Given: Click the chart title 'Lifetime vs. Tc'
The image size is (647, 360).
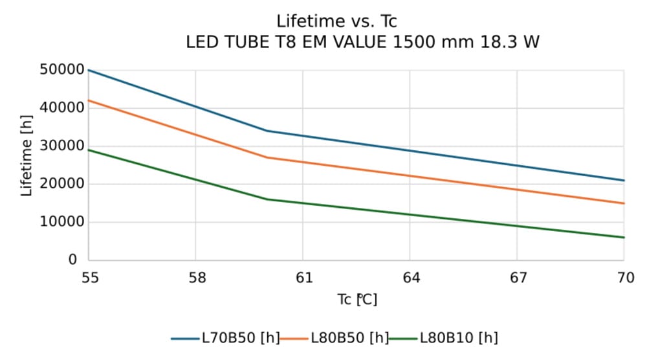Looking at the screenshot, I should click(x=336, y=21).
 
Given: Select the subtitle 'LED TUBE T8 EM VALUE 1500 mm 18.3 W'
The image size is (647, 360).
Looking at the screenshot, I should click(x=362, y=43).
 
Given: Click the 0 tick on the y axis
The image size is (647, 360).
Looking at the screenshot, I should click(x=72, y=260).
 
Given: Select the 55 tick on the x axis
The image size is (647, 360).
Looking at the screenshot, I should click(x=89, y=278).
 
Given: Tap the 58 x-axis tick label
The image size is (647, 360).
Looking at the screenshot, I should click(x=197, y=278).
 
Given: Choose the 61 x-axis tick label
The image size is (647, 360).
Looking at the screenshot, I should click(x=303, y=278).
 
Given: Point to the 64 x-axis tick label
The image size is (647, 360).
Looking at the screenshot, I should click(x=411, y=278).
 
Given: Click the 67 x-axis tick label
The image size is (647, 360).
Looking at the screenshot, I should click(x=518, y=278).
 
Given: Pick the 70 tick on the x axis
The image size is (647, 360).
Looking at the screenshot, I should click(x=624, y=278).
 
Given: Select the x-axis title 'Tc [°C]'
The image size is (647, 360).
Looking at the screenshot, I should click(x=356, y=300).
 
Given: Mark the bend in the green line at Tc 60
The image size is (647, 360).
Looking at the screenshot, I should click(x=267, y=199).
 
